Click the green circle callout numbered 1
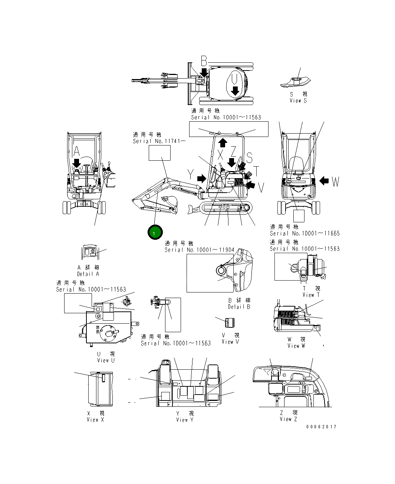[x=155, y=233]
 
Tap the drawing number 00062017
[x=321, y=427]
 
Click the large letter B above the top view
[x=204, y=61]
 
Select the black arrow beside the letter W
[x=324, y=181]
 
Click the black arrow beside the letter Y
[x=201, y=179]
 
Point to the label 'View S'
[x=298, y=101]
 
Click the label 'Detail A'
[x=88, y=274]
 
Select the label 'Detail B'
[x=239, y=307]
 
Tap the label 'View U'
[x=106, y=360]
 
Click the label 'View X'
[x=95, y=420]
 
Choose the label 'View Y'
[x=185, y=420]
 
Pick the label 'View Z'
[x=288, y=419]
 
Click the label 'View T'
[x=311, y=295]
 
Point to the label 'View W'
[x=296, y=346]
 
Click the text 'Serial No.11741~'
[x=159, y=141]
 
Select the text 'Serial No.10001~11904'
[x=200, y=250]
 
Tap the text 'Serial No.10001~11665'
[x=305, y=233]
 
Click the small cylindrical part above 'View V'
[x=230, y=322]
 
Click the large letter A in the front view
[x=76, y=151]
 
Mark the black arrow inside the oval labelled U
[x=235, y=90]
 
